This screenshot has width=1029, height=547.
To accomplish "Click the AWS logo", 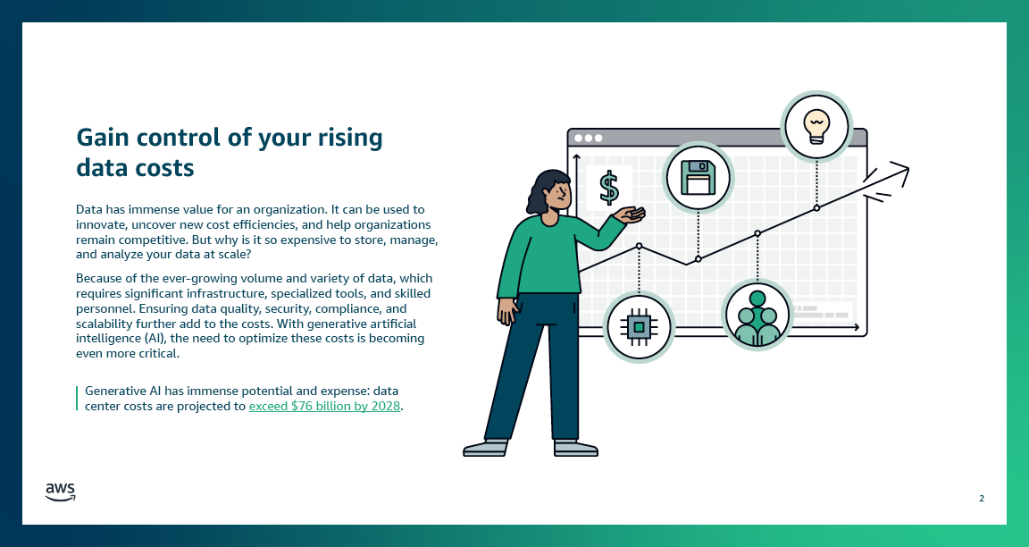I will (60, 492).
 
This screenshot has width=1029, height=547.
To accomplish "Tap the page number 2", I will (982, 498).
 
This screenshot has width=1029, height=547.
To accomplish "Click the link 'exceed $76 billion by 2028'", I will (325, 406).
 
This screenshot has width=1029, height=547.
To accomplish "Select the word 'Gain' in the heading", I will (103, 137).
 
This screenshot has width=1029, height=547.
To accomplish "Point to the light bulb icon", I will (816, 126).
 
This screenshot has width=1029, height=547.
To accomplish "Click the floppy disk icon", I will (698, 177).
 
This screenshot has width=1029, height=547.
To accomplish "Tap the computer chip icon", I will (639, 327).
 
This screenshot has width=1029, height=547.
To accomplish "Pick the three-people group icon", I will (757, 315).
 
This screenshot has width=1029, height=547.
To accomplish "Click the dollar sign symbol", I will (609, 188).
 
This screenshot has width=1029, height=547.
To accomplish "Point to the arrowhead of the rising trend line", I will (902, 169).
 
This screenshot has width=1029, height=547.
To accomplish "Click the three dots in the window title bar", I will (589, 139).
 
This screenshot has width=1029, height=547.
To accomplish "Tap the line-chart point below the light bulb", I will (816, 207).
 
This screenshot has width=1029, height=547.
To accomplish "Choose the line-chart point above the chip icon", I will (639, 245).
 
